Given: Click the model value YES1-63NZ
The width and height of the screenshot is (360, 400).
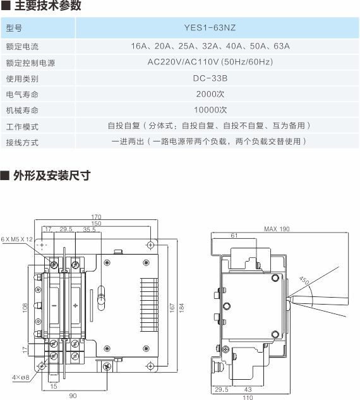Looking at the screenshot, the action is click(210, 28).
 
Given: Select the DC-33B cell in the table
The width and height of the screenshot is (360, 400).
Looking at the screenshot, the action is click(210, 78).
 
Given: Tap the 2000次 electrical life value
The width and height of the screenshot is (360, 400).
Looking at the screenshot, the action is click(210, 94).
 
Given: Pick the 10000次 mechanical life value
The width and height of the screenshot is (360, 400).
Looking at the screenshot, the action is click(210, 110).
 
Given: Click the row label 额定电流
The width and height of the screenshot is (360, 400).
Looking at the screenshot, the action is click(23, 47).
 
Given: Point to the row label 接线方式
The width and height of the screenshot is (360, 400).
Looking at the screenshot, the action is click(23, 142).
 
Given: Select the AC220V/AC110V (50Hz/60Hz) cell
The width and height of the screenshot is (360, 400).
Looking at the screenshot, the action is click(210, 62).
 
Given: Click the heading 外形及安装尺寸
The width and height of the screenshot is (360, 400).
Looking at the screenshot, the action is click(52, 176).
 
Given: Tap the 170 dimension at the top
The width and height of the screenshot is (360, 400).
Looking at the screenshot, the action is click(96, 217).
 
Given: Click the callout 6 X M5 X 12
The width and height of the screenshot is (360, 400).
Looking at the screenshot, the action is click(17, 239).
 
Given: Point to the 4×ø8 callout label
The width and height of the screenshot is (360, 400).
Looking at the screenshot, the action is click(21, 377).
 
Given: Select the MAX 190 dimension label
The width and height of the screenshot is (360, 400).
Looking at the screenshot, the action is click(277, 229).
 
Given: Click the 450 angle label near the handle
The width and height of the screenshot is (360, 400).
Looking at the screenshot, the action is click(304, 280).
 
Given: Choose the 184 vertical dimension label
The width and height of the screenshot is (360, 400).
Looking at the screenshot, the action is click(181, 308).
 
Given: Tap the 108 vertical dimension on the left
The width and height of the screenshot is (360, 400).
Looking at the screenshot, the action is click(25, 308).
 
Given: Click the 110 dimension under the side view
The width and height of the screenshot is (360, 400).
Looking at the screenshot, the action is click(248, 397).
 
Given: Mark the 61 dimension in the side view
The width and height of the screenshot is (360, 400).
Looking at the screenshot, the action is click(234, 236).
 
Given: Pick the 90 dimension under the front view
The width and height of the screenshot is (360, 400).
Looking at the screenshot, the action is click(73, 396).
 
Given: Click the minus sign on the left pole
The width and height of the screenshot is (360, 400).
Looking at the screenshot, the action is click(54, 305).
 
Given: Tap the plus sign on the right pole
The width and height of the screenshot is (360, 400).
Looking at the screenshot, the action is click(75, 305).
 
